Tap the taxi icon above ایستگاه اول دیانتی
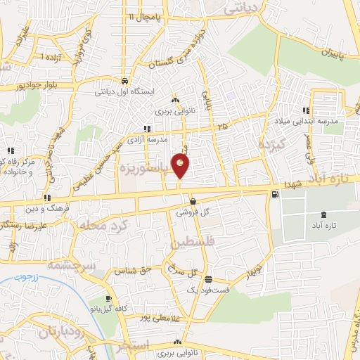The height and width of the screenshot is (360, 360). [124, 80]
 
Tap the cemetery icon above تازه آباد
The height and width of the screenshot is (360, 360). [323, 214]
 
